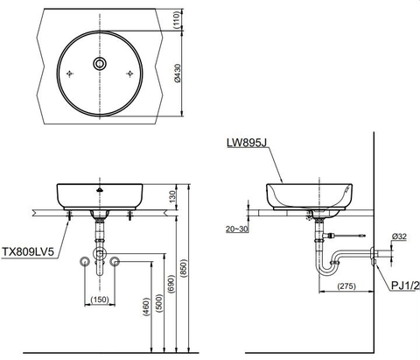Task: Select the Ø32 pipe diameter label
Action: (399, 236)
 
